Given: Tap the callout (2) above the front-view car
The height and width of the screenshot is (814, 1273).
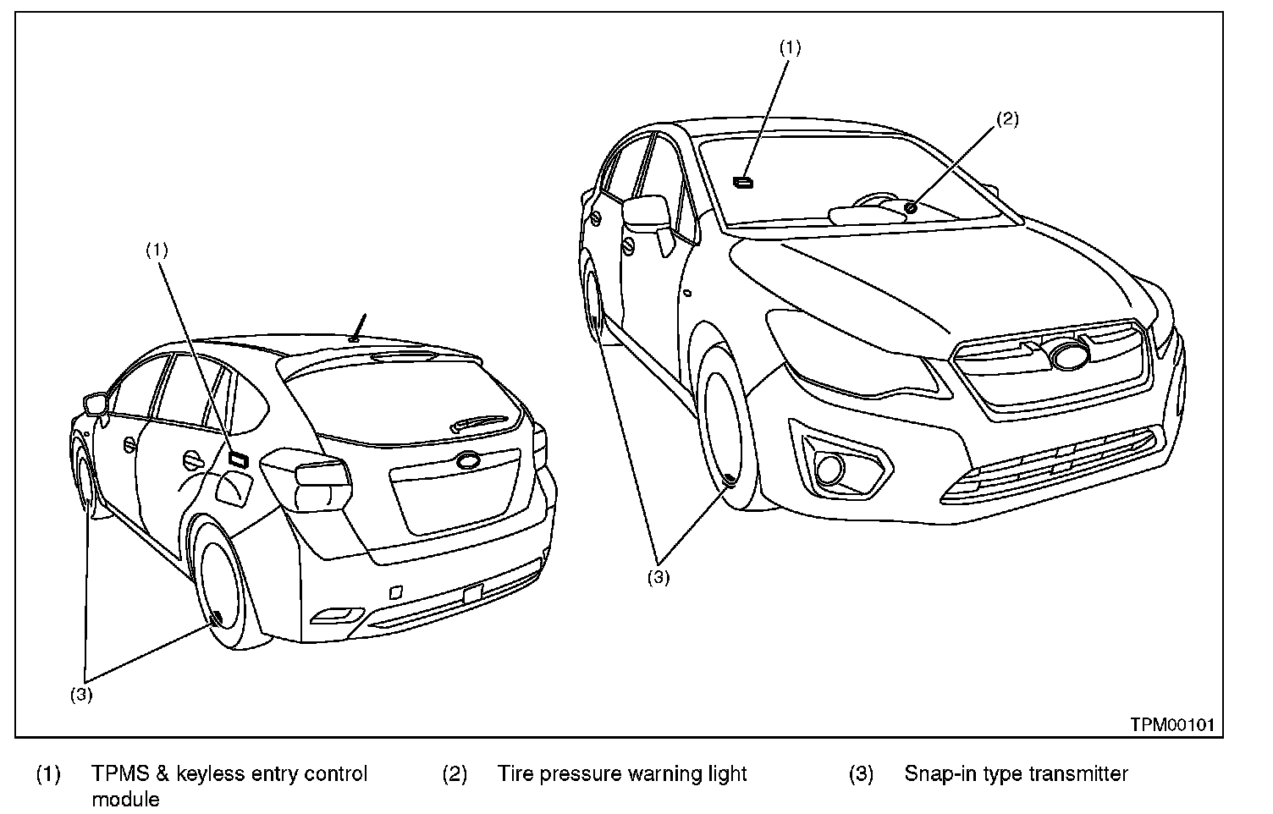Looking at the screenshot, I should coord(1006,119).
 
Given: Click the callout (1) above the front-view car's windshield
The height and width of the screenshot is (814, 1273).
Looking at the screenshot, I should coord(790,47).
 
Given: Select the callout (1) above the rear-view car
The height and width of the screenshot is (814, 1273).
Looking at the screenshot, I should coord(157,250).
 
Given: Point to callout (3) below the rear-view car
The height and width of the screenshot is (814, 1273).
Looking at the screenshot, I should coord(81,696).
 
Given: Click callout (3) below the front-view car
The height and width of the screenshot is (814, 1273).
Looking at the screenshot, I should coord(659,578).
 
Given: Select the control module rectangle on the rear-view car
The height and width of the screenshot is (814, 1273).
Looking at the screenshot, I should coord(237,459).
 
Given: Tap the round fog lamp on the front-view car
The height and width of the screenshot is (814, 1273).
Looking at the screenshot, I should coord(830,466).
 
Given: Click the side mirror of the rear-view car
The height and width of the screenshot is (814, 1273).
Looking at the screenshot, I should coord(96,403).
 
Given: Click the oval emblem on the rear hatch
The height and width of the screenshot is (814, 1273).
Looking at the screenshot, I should coord(468,461).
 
